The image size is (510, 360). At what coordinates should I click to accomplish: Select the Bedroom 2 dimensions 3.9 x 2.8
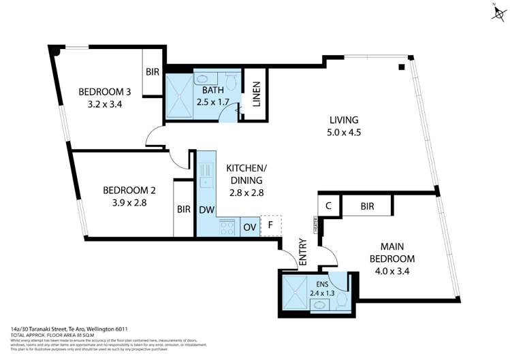tap(125, 202)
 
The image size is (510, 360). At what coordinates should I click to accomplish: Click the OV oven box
tap(249, 227)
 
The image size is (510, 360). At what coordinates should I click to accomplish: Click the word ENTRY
tap(303, 253)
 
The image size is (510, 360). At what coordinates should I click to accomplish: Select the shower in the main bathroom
tap(180, 95)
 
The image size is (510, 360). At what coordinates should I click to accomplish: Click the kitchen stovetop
tap(227, 227)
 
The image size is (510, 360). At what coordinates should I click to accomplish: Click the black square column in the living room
tap(402, 67)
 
